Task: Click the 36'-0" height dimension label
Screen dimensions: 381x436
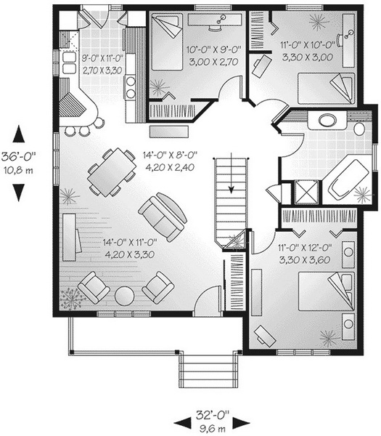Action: point(19,157)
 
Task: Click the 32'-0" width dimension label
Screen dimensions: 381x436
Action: point(213,415)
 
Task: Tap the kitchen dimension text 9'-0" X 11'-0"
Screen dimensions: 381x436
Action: point(102,58)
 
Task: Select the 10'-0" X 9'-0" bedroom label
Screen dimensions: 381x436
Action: point(213,49)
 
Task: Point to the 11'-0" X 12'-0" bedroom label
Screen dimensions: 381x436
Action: point(306,248)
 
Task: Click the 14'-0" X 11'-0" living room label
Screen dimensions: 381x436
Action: point(130,242)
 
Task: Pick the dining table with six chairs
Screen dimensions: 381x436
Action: point(112,172)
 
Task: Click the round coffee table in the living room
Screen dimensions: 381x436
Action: point(124,296)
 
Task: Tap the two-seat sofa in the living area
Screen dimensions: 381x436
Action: point(163,217)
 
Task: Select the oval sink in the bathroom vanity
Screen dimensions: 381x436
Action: point(327,121)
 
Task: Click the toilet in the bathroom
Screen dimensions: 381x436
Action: point(359,129)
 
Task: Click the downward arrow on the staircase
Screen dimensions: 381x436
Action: point(231,173)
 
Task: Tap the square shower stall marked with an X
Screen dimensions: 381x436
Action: point(306,193)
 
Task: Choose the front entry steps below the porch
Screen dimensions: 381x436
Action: point(208,371)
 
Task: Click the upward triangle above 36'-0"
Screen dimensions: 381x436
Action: point(19,134)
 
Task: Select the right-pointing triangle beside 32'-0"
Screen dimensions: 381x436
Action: point(241,423)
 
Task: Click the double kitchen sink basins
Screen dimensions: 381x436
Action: point(69,63)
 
